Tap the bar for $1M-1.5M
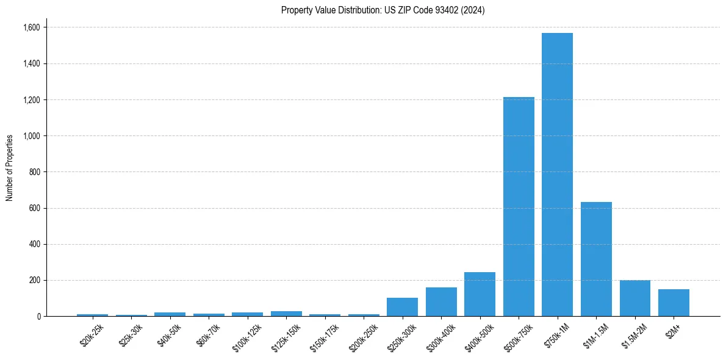coord(596,259)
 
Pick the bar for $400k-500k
coord(480,294)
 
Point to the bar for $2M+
coord(674,303)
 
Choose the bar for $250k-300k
coord(402,307)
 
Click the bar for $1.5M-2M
coord(635,298)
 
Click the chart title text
coord(383,10)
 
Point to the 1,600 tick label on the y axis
coord(31,27)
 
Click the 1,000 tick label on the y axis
coord(31,136)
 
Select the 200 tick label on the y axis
coord(35,281)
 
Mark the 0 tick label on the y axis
coord(38,317)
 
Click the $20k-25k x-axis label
coord(92,334)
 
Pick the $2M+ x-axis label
coord(674,331)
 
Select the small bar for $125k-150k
coord(286,314)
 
